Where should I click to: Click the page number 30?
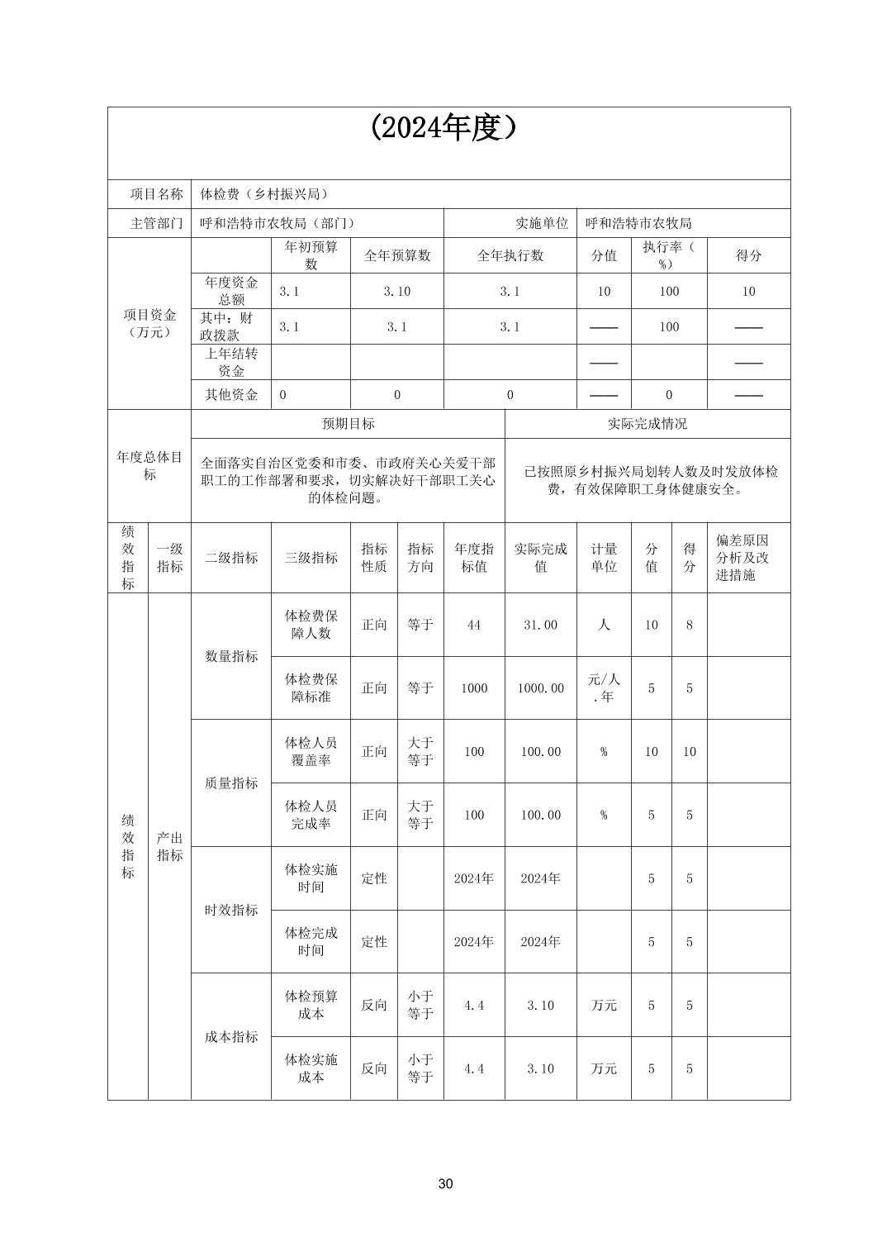tap(445, 1183)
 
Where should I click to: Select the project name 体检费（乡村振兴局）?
tap(264, 194)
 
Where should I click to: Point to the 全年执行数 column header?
tap(510, 255)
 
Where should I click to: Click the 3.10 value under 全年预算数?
tap(396, 291)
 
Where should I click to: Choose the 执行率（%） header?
tap(668, 255)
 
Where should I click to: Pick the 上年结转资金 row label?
tap(231, 362)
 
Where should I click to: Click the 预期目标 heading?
tap(348, 423)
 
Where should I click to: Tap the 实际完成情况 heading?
tap(647, 423)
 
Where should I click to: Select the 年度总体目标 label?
tap(149, 465)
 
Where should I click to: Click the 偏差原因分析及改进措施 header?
tap(742, 557)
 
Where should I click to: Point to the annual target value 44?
tap(473, 625)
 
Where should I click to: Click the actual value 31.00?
tap(540, 625)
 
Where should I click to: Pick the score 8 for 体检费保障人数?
tap(689, 625)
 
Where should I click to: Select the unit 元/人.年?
tap(604, 687)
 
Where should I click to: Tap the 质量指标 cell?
tap(231, 783)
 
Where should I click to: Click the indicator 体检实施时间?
tap(311, 878)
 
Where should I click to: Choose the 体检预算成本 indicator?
tap(311, 1005)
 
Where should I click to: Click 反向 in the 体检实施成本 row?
tap(373, 1068)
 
